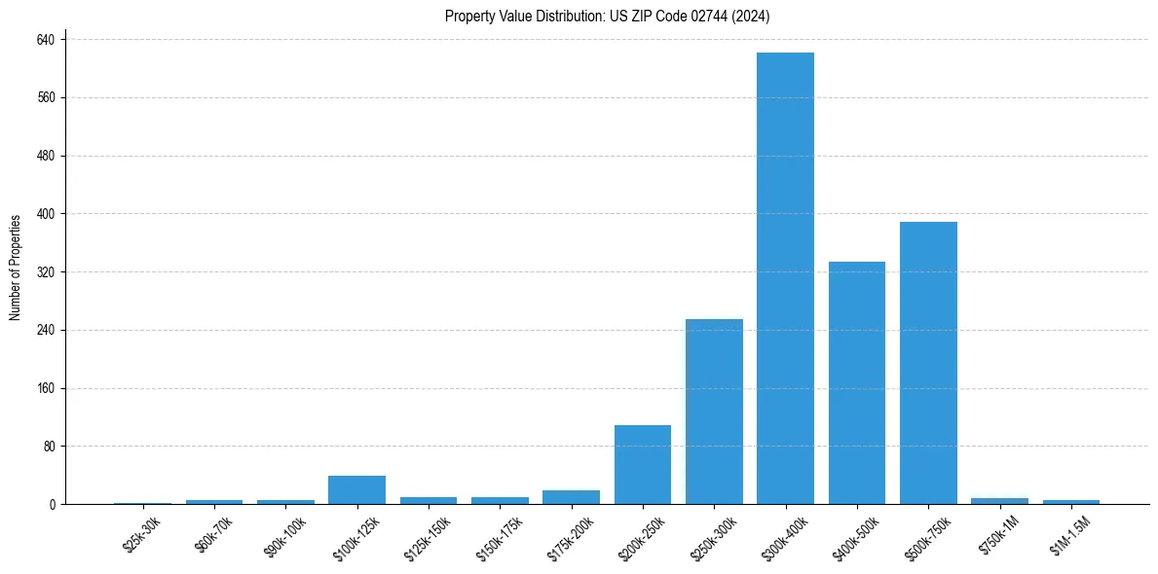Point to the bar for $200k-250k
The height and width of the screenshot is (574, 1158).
tap(643, 464)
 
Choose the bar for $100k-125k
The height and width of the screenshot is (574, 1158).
tap(356, 490)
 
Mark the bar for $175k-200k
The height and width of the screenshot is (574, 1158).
tap(571, 497)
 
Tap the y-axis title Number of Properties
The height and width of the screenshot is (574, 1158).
tap(16, 268)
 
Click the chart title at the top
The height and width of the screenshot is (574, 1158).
tap(607, 16)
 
